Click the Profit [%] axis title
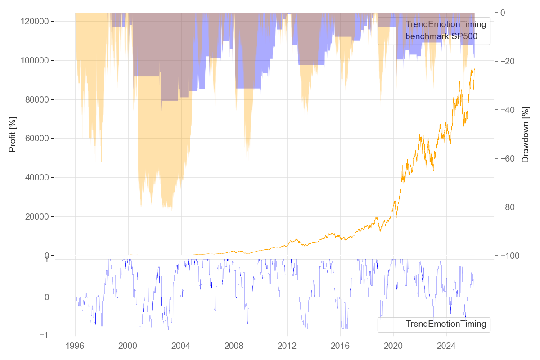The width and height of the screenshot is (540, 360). tap(13, 134)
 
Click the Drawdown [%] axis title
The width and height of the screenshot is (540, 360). tap(525, 134)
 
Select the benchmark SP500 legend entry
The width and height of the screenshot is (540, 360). tap(441, 36)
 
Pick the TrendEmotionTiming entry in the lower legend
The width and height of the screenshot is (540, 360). tap(446, 324)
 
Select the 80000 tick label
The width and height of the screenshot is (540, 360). tap(37, 100)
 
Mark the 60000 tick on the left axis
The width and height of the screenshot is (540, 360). tap(37, 139)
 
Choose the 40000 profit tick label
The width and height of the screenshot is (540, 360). tap(37, 178)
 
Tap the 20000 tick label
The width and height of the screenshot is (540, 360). tap(37, 217)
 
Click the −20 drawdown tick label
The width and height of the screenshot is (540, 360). tap(512, 61)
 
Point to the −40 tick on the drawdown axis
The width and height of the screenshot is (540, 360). tap(512, 110)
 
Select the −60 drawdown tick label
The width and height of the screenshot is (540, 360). tap(512, 158)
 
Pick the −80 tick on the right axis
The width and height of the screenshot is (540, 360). tap(512, 207)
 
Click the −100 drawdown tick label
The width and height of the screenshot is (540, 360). tap(514, 256)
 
